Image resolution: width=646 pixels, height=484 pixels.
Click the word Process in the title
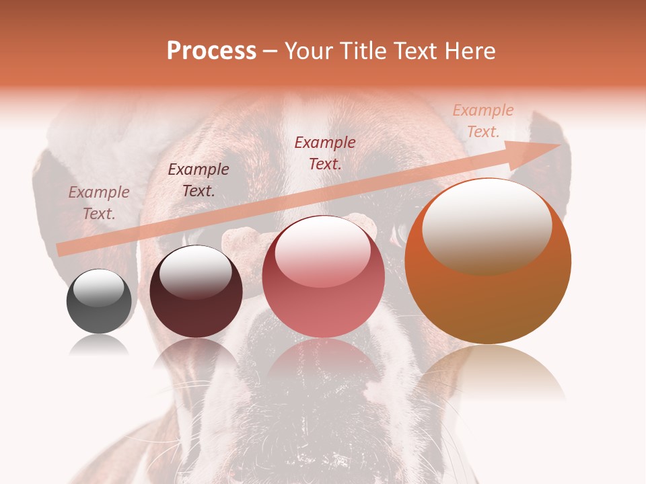[211, 51]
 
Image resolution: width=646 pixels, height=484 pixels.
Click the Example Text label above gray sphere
[99, 203]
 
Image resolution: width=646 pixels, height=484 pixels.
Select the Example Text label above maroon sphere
[199, 180]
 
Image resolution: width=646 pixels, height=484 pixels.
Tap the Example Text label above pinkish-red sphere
[325, 153]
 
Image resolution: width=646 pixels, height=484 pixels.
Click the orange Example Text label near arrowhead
[482, 121]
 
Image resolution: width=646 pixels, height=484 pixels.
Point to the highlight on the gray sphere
[99, 288]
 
